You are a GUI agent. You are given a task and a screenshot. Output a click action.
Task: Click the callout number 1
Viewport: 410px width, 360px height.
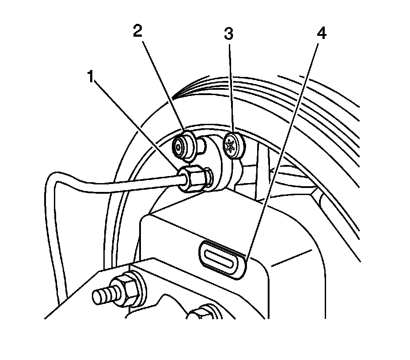click(x=91, y=78)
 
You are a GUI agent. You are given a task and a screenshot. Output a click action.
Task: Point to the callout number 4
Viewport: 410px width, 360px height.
click(x=321, y=33)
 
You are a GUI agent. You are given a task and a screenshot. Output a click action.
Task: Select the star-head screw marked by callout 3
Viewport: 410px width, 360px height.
click(x=233, y=144)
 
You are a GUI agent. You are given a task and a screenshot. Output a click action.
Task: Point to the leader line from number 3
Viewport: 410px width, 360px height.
click(x=230, y=88)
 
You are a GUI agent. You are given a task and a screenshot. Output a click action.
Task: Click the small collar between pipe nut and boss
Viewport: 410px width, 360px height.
click(x=209, y=178)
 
